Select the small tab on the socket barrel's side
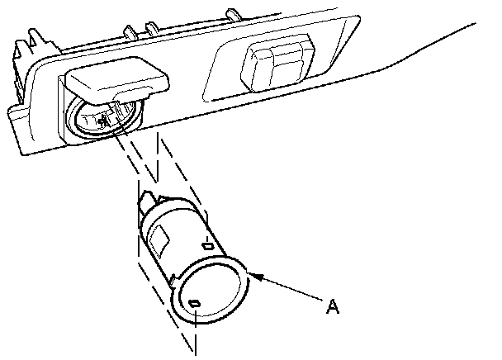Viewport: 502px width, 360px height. [x=208, y=246]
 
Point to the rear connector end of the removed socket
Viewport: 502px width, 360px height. [x=149, y=201]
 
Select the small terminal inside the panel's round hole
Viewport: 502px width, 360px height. [x=102, y=120]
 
